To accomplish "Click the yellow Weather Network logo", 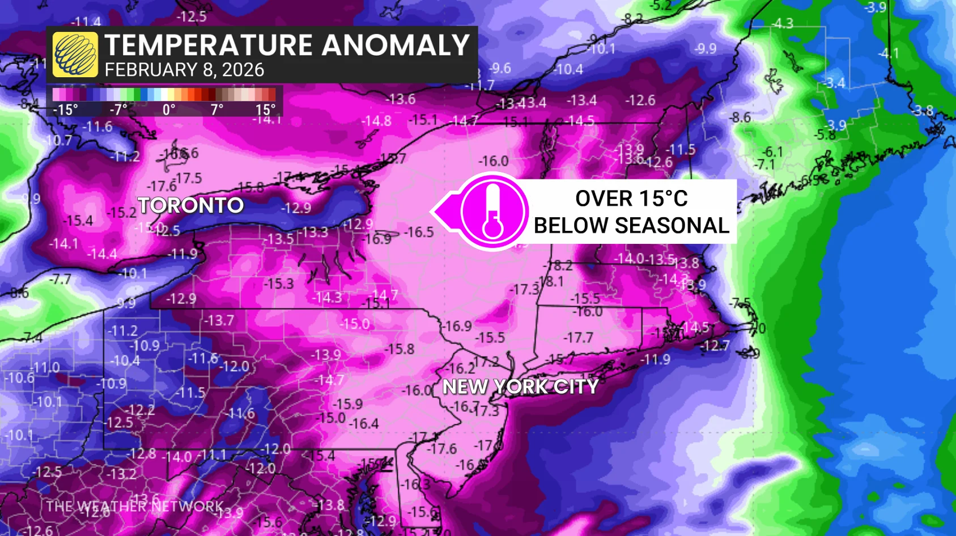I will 75,54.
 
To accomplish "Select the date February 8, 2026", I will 184,70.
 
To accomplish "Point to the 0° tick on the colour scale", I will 169,109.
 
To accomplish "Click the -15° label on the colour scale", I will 65,109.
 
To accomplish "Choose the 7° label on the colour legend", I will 217,109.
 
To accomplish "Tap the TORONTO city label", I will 190,205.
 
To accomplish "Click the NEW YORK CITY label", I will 520,387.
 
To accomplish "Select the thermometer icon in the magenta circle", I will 492,211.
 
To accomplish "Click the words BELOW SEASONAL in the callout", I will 631,226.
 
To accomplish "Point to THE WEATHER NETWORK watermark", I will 135,506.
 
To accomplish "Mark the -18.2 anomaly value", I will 558,265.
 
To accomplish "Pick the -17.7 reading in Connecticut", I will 578,338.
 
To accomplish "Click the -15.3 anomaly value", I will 278,283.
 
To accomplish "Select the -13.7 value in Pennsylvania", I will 219,320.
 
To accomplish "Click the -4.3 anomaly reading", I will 783,23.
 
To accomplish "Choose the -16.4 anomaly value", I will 363,424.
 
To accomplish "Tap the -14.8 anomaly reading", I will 376,121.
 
